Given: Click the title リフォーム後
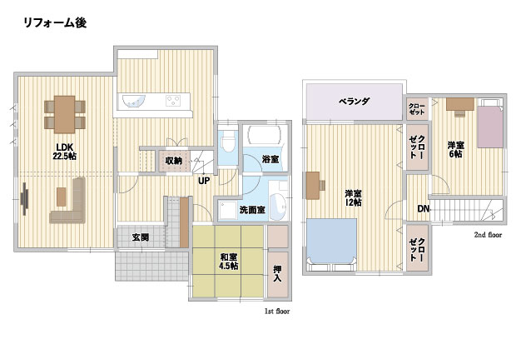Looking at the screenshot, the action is pyautogui.click(x=55, y=22).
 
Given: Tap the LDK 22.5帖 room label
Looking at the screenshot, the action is pyautogui.click(x=65, y=152).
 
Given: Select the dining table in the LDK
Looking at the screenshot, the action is pyautogui.click(x=65, y=114).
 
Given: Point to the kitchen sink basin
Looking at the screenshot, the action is pyautogui.click(x=134, y=101).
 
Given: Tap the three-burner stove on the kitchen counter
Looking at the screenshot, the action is pyautogui.click(x=173, y=101).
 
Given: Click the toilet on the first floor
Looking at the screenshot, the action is pyautogui.click(x=228, y=141).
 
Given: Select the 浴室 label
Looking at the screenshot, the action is pyautogui.click(x=270, y=159).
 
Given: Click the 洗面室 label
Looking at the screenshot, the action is pyautogui.click(x=252, y=210).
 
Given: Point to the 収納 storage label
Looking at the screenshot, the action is pyautogui.click(x=173, y=161).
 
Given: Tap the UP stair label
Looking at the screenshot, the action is pyautogui.click(x=204, y=181).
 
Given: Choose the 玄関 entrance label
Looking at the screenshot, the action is pyautogui.click(x=141, y=237).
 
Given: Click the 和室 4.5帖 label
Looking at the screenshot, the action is pyautogui.click(x=229, y=262).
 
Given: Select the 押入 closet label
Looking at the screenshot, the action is pyautogui.click(x=277, y=273).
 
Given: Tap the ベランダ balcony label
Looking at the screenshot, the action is pyautogui.click(x=354, y=101).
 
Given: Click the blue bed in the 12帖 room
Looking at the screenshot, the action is pyautogui.click(x=332, y=242).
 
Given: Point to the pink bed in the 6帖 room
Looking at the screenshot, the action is pyautogui.click(x=490, y=127).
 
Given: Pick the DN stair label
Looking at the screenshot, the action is pyautogui.click(x=423, y=208).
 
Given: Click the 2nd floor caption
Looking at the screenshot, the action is pyautogui.click(x=488, y=235).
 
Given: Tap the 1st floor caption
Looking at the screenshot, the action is pyautogui.click(x=277, y=311).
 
